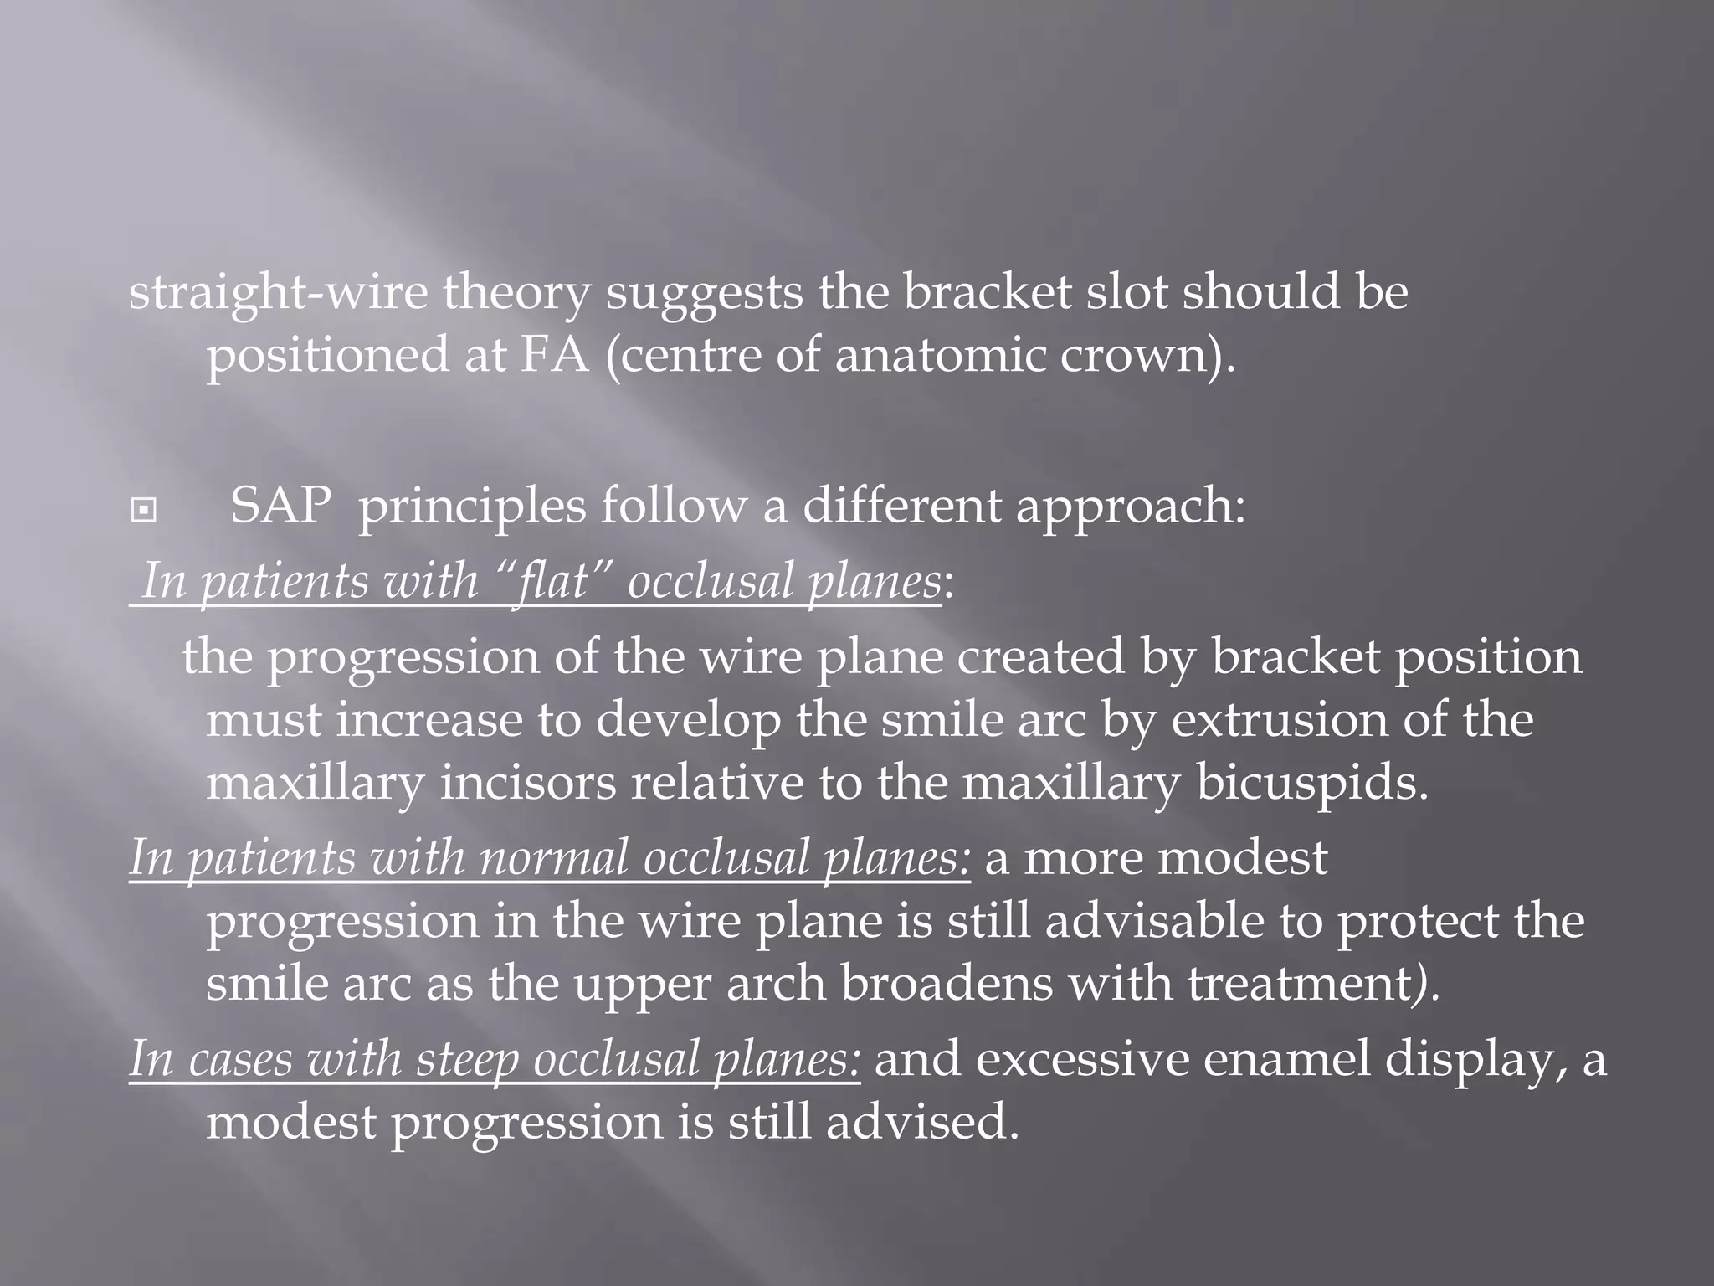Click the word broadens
tap(947, 983)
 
